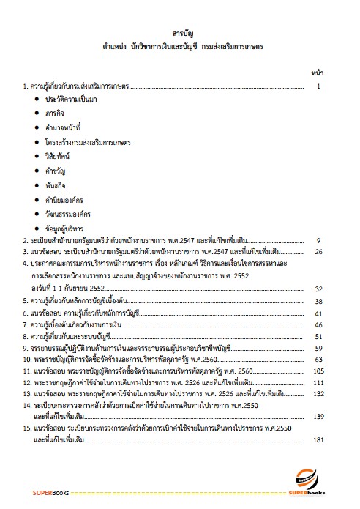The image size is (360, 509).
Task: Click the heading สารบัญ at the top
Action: tap(181, 34)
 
